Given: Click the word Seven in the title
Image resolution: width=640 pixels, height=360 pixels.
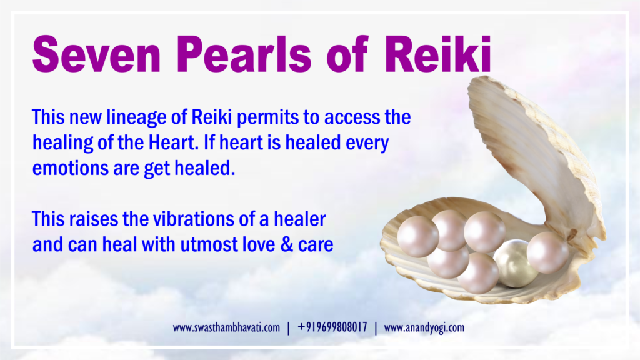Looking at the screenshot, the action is pyautogui.click(x=97, y=54).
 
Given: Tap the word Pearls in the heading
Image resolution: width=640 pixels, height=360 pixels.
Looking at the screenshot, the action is pyautogui.click(x=244, y=54).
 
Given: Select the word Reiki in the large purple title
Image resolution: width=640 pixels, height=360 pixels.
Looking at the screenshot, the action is pyautogui.click(x=437, y=54).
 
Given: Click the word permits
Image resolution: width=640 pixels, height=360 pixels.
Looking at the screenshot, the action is pyautogui.click(x=267, y=117).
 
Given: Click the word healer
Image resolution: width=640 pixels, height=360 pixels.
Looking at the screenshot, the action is pyautogui.click(x=299, y=219).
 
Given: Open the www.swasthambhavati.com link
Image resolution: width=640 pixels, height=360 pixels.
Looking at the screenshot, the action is pyautogui.click(x=226, y=327).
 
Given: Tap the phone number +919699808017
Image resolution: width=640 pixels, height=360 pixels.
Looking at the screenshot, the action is pyautogui.click(x=332, y=327).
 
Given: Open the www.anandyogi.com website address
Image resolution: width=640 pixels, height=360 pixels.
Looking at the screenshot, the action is pyautogui.click(x=424, y=327).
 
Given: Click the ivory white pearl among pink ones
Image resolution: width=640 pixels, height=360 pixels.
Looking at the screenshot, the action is pyautogui.click(x=516, y=263).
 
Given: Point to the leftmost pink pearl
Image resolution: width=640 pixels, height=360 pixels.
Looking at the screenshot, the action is pyautogui.click(x=418, y=237).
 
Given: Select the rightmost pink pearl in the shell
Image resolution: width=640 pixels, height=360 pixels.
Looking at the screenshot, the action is pyautogui.click(x=547, y=252).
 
